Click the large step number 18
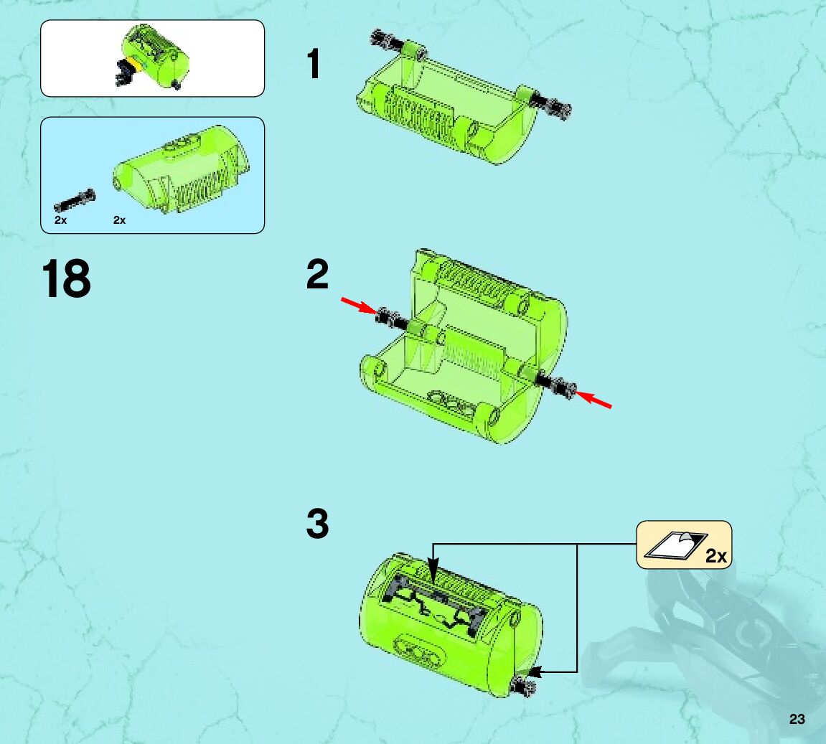[x=66, y=278]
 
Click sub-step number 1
[x=314, y=64]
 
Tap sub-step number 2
[x=317, y=274]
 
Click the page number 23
[x=797, y=719]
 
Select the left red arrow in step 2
[x=359, y=306]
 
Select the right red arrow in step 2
[x=593, y=400]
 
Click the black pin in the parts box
[x=75, y=201]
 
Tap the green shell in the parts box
[x=182, y=169]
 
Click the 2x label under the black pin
[x=60, y=220]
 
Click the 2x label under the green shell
[x=120, y=220]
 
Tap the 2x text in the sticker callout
[x=716, y=556]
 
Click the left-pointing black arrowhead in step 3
[x=535, y=672]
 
